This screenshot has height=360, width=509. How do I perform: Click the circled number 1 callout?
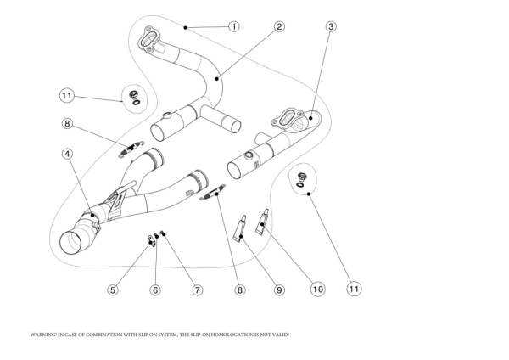(x=233, y=26)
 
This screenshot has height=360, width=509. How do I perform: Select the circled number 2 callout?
(x=278, y=26)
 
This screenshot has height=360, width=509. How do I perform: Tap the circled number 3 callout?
(x=331, y=26)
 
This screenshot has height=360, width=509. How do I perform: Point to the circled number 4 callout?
(x=67, y=155)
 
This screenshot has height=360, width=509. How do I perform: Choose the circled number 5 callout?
(x=113, y=290)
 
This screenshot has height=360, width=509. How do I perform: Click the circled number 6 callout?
(x=155, y=290)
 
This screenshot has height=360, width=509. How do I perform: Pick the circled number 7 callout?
(x=197, y=290)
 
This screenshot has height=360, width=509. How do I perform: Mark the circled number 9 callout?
(x=279, y=290)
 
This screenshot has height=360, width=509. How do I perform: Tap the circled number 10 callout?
(x=317, y=290)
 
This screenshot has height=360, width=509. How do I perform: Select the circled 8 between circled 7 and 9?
(x=240, y=290)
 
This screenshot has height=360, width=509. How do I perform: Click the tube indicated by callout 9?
(x=240, y=228)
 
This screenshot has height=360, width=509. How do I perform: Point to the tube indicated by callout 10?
(x=262, y=222)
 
